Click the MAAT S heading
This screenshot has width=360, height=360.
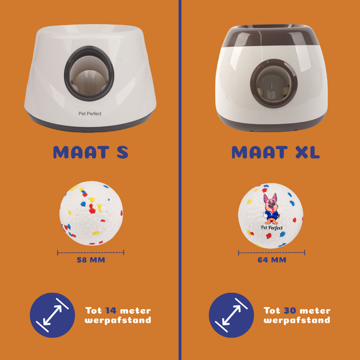(91, 152)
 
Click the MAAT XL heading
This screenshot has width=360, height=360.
(275, 152)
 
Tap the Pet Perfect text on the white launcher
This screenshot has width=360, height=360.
(90, 113)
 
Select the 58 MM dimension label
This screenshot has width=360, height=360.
(91, 260)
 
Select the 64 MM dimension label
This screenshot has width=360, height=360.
(272, 260)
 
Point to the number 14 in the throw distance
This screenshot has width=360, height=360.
(111, 311)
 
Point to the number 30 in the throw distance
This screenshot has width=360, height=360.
(290, 311)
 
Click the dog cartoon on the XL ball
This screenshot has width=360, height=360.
(271, 208)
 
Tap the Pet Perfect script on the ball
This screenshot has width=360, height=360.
(272, 227)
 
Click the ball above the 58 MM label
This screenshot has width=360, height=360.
(91, 213)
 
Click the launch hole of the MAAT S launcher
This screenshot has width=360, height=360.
(89, 73)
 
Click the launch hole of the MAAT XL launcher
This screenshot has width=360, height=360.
(274, 83)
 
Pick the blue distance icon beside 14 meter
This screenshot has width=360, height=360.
(52, 315)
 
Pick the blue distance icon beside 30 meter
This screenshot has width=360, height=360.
(232, 315)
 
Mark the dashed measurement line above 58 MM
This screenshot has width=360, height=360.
(91, 253)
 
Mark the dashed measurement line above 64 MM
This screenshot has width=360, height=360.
(272, 253)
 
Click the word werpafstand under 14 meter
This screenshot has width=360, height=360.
(118, 320)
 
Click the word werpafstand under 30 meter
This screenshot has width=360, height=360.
(297, 320)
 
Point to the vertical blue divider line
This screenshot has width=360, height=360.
(180, 180)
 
